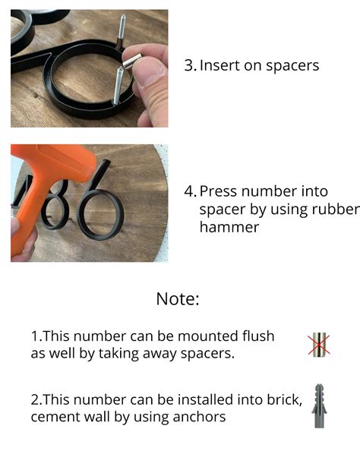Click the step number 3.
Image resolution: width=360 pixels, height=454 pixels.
pyautogui.click(x=191, y=65)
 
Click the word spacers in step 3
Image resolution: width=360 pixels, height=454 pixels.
pyautogui.click(x=292, y=66)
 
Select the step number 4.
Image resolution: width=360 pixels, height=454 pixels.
pyautogui.click(x=191, y=191)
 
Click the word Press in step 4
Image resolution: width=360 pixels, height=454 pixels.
pyautogui.click(x=219, y=191)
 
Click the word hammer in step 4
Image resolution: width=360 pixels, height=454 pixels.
pyautogui.click(x=229, y=227)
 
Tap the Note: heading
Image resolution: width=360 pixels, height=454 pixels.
pyautogui.click(x=178, y=299)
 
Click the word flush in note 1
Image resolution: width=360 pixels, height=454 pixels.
pyautogui.click(x=258, y=336)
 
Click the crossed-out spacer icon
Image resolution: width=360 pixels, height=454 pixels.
pyautogui.click(x=318, y=344)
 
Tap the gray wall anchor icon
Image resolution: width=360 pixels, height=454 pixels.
pyautogui.click(x=319, y=405)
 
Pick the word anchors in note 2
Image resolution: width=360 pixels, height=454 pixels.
pyautogui.click(x=199, y=417)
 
